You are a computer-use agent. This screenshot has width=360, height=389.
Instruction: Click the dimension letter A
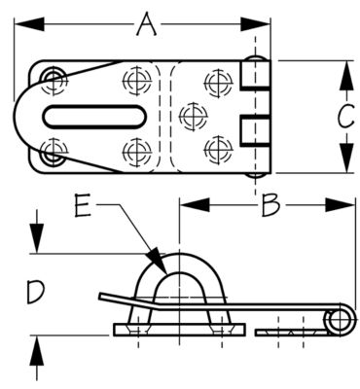[146, 23]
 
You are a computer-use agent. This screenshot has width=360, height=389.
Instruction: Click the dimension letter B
[271, 205]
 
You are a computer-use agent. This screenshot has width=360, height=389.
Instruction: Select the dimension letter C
[342, 117]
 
